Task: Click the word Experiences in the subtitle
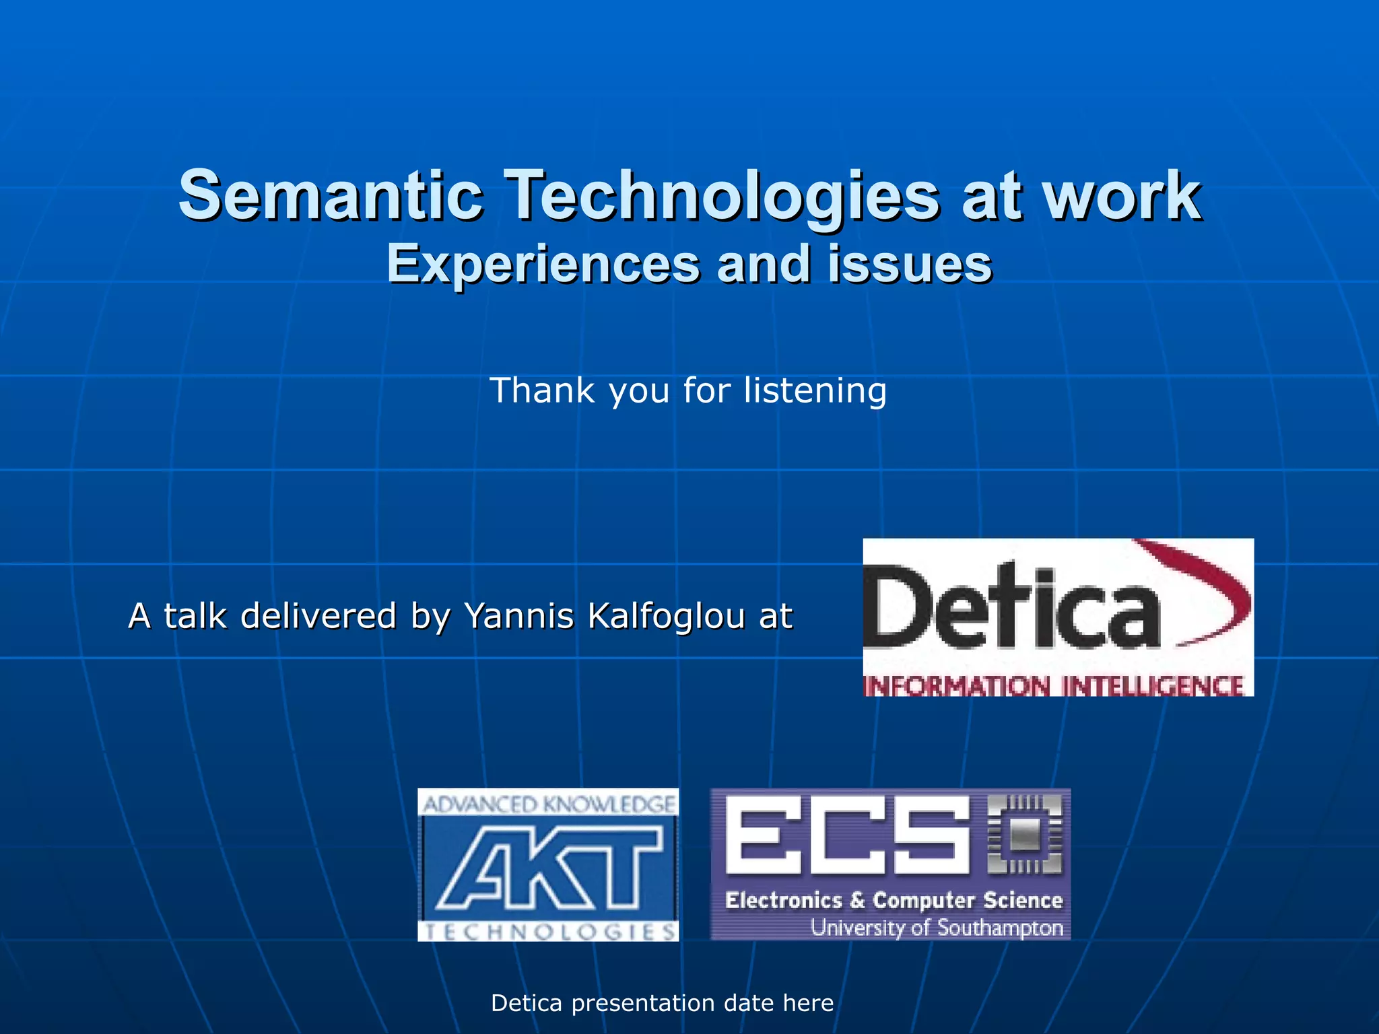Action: pos(543,264)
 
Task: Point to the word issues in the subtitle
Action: pos(910,264)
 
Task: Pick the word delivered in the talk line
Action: pos(318,616)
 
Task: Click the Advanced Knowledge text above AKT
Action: pos(548,804)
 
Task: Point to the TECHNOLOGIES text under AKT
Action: pos(548,932)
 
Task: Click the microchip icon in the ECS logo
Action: pos(1024,835)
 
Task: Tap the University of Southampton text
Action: pos(936,928)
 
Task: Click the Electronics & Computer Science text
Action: pos(894,900)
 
